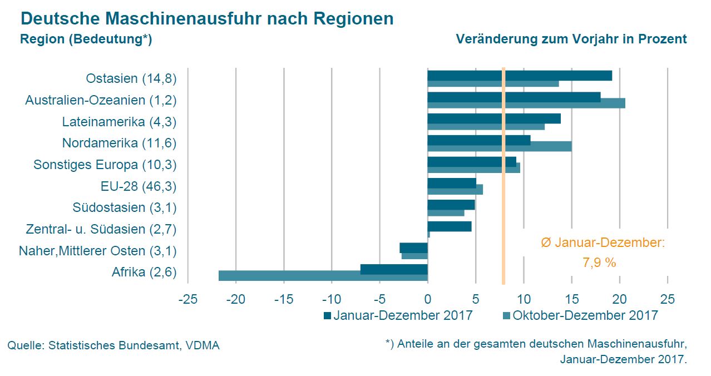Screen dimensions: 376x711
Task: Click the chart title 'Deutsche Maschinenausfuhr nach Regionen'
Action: [207, 19]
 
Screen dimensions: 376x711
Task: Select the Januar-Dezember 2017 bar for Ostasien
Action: [519, 76]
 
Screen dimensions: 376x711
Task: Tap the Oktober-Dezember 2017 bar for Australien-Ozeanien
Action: [526, 103]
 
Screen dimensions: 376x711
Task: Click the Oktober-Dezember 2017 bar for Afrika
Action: [323, 275]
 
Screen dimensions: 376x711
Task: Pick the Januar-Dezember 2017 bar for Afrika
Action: [394, 269]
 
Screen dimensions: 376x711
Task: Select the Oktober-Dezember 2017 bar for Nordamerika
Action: [499, 146]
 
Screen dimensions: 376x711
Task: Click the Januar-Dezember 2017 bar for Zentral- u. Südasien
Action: [449, 226]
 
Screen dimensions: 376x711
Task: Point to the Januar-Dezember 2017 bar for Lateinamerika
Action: [493, 118]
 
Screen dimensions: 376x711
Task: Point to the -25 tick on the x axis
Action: [188, 299]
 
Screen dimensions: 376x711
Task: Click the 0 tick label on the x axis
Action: [427, 299]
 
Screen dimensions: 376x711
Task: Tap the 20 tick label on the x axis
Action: [619, 299]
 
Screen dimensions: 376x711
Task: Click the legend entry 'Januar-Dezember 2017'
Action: [398, 315]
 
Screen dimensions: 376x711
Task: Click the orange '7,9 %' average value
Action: [599, 263]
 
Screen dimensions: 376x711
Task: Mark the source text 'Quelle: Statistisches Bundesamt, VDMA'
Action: [113, 345]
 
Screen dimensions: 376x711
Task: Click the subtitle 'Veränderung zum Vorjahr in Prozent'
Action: [571, 39]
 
